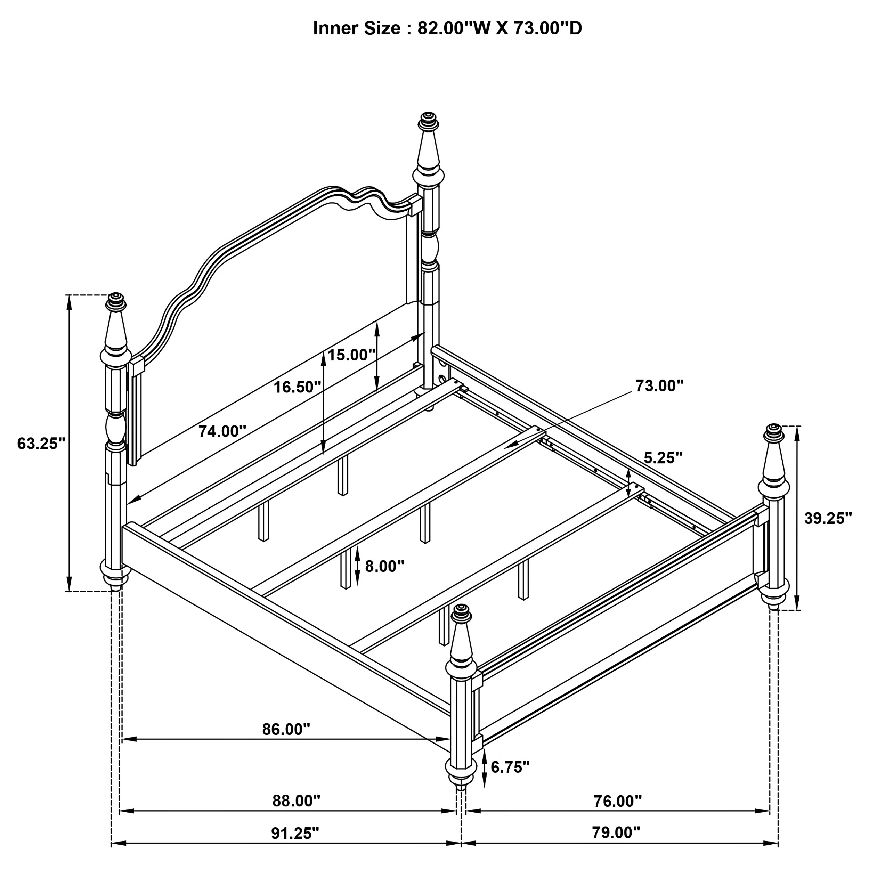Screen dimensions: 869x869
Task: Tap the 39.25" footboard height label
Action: click(828, 518)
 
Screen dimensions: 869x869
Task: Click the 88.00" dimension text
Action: click(296, 801)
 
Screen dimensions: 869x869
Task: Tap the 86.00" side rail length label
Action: click(286, 729)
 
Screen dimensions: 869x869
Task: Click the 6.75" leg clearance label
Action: click(510, 767)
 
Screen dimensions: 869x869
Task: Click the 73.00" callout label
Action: click(659, 385)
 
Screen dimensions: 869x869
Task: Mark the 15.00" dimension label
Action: click(351, 355)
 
